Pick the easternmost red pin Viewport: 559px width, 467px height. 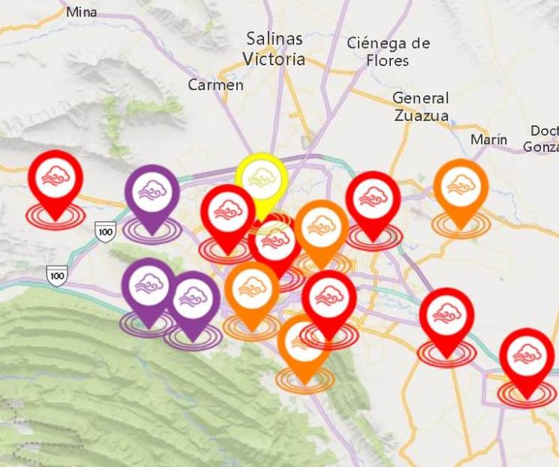pos(527,356)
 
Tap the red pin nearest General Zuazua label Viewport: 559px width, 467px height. pos(373,198)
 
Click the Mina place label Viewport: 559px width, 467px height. pos(81,12)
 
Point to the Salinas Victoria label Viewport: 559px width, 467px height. pos(274,48)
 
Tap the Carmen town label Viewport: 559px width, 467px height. pos(215,85)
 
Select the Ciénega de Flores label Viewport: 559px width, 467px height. pos(388,51)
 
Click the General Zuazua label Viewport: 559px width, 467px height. pos(421,107)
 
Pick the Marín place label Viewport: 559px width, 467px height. pos(488,140)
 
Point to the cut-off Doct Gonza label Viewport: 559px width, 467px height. pos(542,139)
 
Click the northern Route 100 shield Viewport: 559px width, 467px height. pos(105,232)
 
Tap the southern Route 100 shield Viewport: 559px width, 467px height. pos(56,276)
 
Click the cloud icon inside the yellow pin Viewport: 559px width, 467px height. pos(260,176)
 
